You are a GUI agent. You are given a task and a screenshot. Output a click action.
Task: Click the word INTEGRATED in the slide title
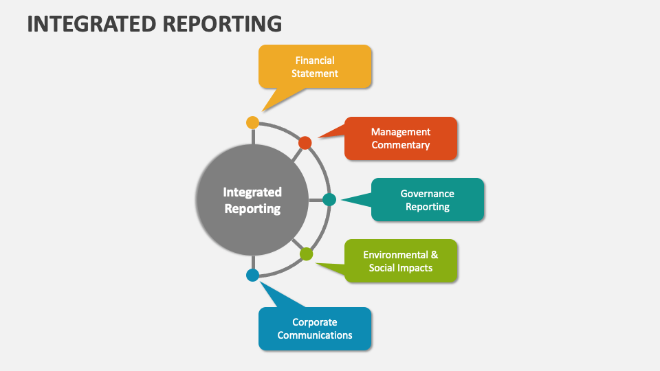coord(91,23)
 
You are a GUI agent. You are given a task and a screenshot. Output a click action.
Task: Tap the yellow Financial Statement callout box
coord(315,67)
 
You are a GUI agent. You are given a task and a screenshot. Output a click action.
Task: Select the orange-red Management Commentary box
coord(401,138)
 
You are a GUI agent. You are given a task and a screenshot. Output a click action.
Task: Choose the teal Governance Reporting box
coord(428,200)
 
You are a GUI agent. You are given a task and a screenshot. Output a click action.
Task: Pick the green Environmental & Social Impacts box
coord(401,261)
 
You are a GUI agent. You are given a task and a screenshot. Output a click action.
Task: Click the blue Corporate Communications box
coord(315,328)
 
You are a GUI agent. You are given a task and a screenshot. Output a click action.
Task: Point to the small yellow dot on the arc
coord(252,122)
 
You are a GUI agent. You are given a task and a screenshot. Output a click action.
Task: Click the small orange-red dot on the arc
coord(305,143)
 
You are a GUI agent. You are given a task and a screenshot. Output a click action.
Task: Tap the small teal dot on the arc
coord(329,200)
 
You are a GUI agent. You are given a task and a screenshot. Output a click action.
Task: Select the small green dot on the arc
coord(307,254)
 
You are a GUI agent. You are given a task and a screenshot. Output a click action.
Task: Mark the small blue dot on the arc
coord(252,275)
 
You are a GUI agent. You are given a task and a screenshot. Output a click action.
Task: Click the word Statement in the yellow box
coord(315,74)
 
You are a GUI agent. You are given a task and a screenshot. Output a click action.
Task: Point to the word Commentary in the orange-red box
coord(401,145)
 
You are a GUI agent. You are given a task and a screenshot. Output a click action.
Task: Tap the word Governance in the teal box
coord(428,194)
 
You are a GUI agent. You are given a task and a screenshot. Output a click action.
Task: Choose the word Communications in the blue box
coord(315,335)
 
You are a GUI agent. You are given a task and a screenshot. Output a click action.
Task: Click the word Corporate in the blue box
coord(315,322)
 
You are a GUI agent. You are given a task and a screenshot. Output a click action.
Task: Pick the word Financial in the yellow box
coord(315,60)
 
